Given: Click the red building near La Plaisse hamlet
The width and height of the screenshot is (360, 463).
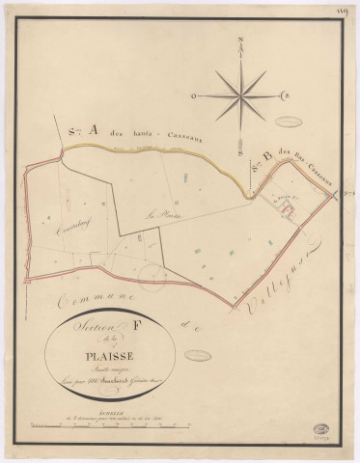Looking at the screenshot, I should tap(286, 204).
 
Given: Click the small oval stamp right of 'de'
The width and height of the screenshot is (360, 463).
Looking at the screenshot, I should tap(225, 326).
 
